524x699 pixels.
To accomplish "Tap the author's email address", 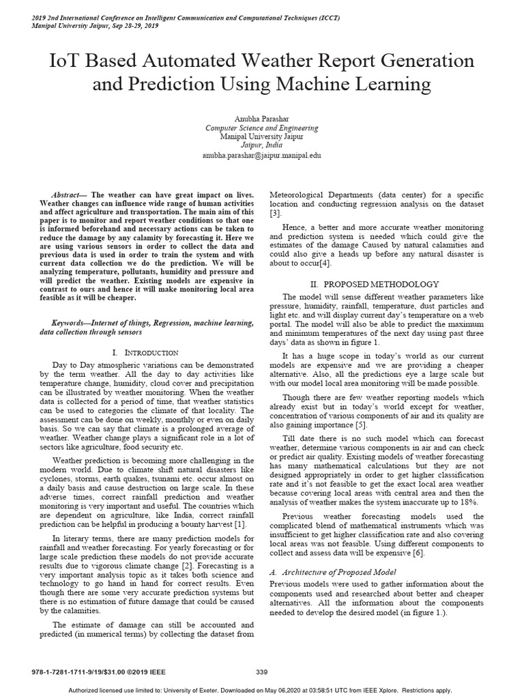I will (x=261, y=156).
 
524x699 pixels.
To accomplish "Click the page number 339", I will (x=261, y=672).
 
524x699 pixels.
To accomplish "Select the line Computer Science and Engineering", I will (x=261, y=128).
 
